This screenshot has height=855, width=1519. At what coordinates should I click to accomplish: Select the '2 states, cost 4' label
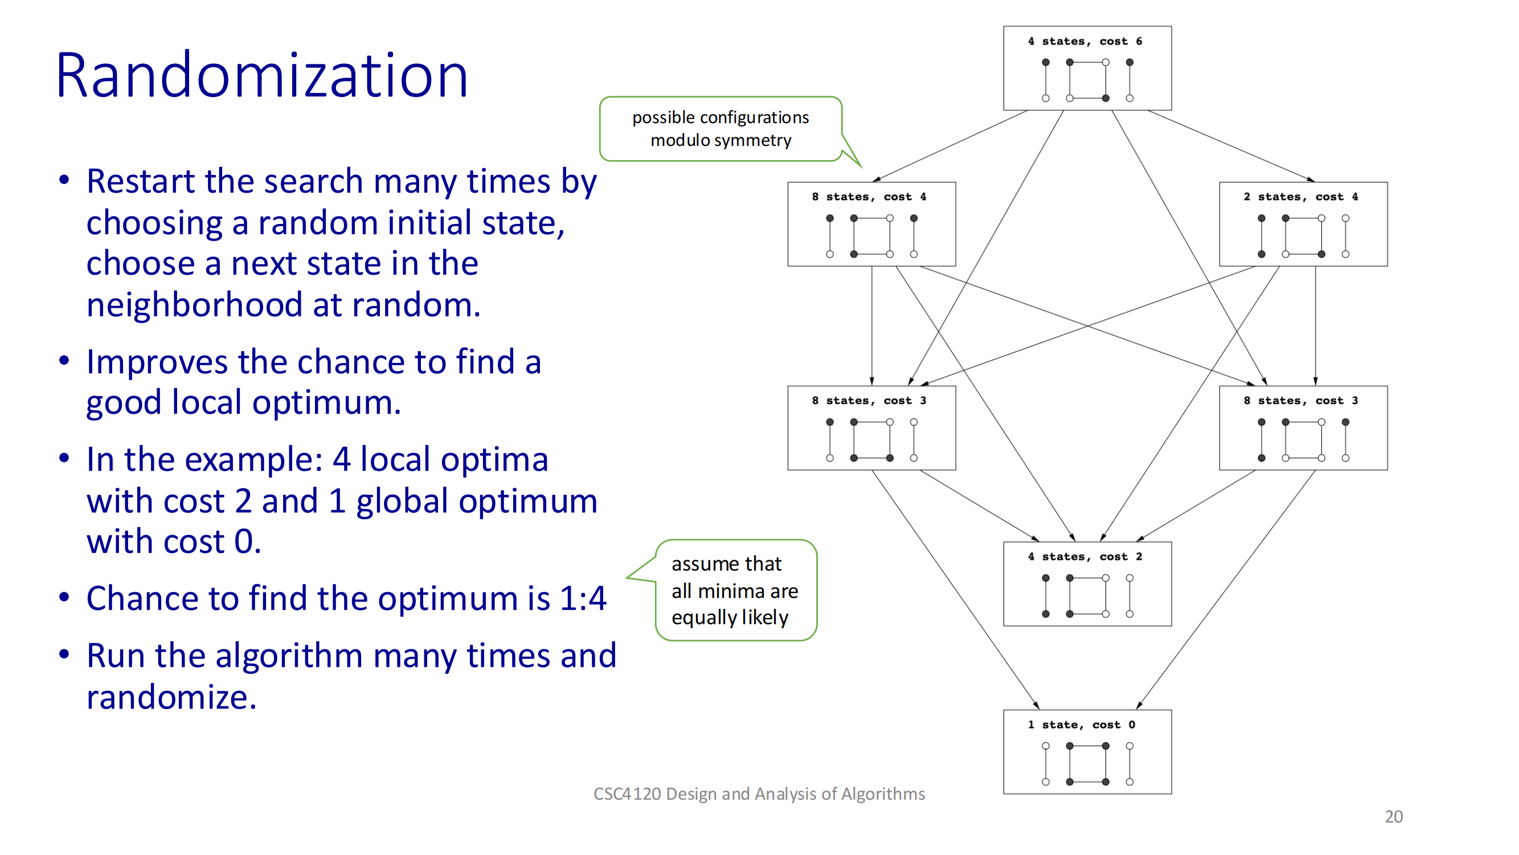point(1301,197)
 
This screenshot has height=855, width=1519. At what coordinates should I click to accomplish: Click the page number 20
point(1393,817)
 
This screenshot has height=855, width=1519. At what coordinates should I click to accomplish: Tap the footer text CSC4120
point(627,794)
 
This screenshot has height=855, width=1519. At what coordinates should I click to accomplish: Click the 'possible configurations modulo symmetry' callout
point(720,129)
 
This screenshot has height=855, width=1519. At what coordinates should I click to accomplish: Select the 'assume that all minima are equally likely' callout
point(735,590)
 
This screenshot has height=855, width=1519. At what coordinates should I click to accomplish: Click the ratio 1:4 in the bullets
point(583,598)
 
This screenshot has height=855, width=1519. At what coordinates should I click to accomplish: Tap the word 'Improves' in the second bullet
point(157,362)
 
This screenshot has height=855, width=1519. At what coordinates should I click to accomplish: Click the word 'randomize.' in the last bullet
point(171,698)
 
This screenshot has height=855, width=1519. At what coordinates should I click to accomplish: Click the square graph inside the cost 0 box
point(1087,764)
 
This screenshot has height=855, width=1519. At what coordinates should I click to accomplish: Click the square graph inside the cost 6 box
point(1087,80)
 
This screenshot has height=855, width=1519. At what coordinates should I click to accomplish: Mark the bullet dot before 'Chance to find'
point(64,597)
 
